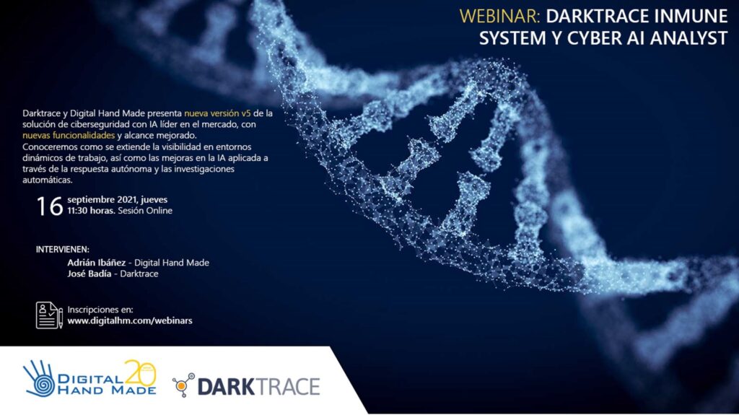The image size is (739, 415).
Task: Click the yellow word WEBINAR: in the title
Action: (500, 17)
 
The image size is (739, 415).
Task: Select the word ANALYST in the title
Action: (689, 38)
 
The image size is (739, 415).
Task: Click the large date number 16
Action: (50, 206)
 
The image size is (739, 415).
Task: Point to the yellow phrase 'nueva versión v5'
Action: (217, 113)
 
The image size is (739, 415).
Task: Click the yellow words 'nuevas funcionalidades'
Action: (69, 136)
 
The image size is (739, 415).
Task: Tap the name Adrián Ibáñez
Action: (96, 263)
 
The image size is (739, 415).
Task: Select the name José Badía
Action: (89, 274)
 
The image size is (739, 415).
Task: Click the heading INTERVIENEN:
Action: (63, 250)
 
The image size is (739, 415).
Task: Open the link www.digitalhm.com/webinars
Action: (130, 320)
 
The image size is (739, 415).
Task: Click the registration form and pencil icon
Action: (50, 315)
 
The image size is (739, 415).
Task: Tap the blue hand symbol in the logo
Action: (40, 379)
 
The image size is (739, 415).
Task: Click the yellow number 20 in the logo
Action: (140, 372)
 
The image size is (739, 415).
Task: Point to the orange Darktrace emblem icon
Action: (183, 385)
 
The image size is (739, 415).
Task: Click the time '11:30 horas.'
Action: (91, 211)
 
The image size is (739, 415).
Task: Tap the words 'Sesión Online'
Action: (145, 211)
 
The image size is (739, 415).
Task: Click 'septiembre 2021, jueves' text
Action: (118, 200)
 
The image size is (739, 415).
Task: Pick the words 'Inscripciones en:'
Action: (100, 310)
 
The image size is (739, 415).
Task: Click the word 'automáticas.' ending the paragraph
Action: (48, 180)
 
